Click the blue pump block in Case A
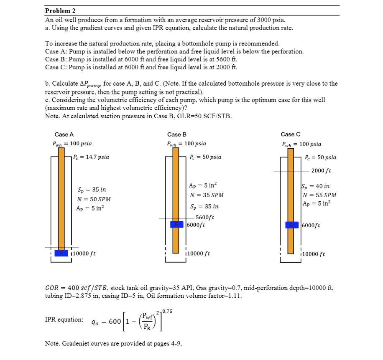point(62,253)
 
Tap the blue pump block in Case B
point(177,225)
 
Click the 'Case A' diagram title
point(64,134)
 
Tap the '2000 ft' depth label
point(321,171)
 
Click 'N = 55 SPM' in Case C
point(320,195)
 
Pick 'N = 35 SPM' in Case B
point(207,195)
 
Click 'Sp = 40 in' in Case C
point(316,186)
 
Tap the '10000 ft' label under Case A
point(85,254)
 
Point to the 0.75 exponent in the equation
point(167,311)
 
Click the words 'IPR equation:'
point(64,319)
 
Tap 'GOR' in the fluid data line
point(52,288)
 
